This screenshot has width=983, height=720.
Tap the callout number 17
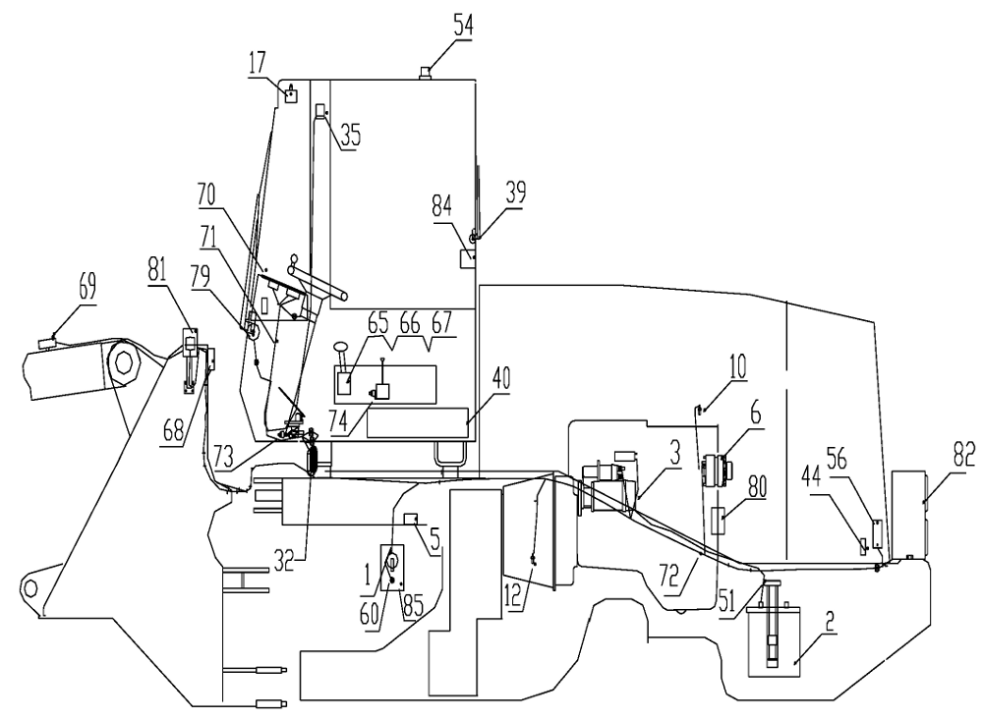[x=257, y=63]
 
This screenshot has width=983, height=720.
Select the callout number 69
[x=87, y=288]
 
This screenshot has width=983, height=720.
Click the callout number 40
[x=500, y=378]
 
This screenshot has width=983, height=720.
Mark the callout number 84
[x=442, y=207]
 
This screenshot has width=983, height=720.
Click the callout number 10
[x=737, y=367]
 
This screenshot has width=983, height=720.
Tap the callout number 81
[x=157, y=270]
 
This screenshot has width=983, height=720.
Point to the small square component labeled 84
[x=468, y=258]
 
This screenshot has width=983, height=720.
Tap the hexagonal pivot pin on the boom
[x=124, y=362]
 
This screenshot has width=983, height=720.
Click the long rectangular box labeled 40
[x=418, y=422]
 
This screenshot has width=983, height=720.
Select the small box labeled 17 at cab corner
[x=290, y=95]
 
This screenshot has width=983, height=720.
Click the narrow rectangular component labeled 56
[x=878, y=533]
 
